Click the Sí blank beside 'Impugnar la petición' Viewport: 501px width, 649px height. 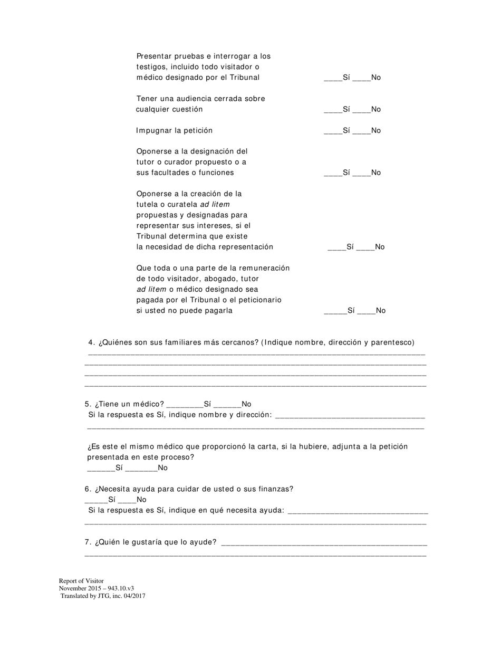[333, 131]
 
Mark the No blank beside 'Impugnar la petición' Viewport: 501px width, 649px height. [361, 131]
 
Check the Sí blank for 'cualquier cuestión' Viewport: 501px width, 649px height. [333, 110]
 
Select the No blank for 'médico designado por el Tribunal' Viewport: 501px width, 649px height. [361, 78]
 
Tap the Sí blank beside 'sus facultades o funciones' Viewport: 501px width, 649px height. [333, 173]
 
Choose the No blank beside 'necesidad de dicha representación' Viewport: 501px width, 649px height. [365, 247]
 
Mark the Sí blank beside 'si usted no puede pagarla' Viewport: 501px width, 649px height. [335, 311]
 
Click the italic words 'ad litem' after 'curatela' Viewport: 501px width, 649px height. [215, 204]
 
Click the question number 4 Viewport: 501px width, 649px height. [91, 342]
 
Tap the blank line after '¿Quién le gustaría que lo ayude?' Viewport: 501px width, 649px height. [324, 543]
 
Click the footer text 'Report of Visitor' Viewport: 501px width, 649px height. [81, 581]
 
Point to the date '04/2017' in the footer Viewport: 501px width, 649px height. [134, 596]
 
